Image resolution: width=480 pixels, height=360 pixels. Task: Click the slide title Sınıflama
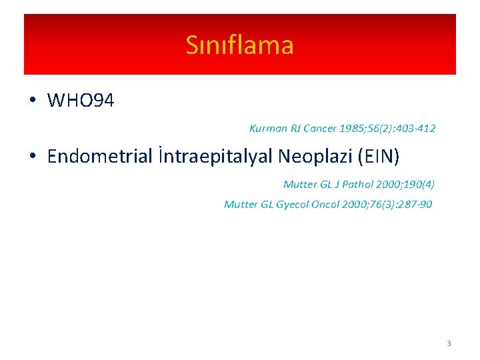pos(239,45)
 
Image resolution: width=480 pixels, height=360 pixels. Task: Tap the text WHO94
pos(81,101)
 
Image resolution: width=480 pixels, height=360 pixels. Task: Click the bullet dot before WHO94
pos(32,101)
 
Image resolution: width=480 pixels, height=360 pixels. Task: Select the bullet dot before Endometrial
pos(32,157)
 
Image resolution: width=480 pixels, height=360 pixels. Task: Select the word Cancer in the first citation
pos(319,128)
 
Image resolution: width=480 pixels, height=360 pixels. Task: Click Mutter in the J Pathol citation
pos(300,184)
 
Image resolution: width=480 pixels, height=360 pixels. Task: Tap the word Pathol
pos(358,184)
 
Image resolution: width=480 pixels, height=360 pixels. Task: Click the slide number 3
pos(449,343)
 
